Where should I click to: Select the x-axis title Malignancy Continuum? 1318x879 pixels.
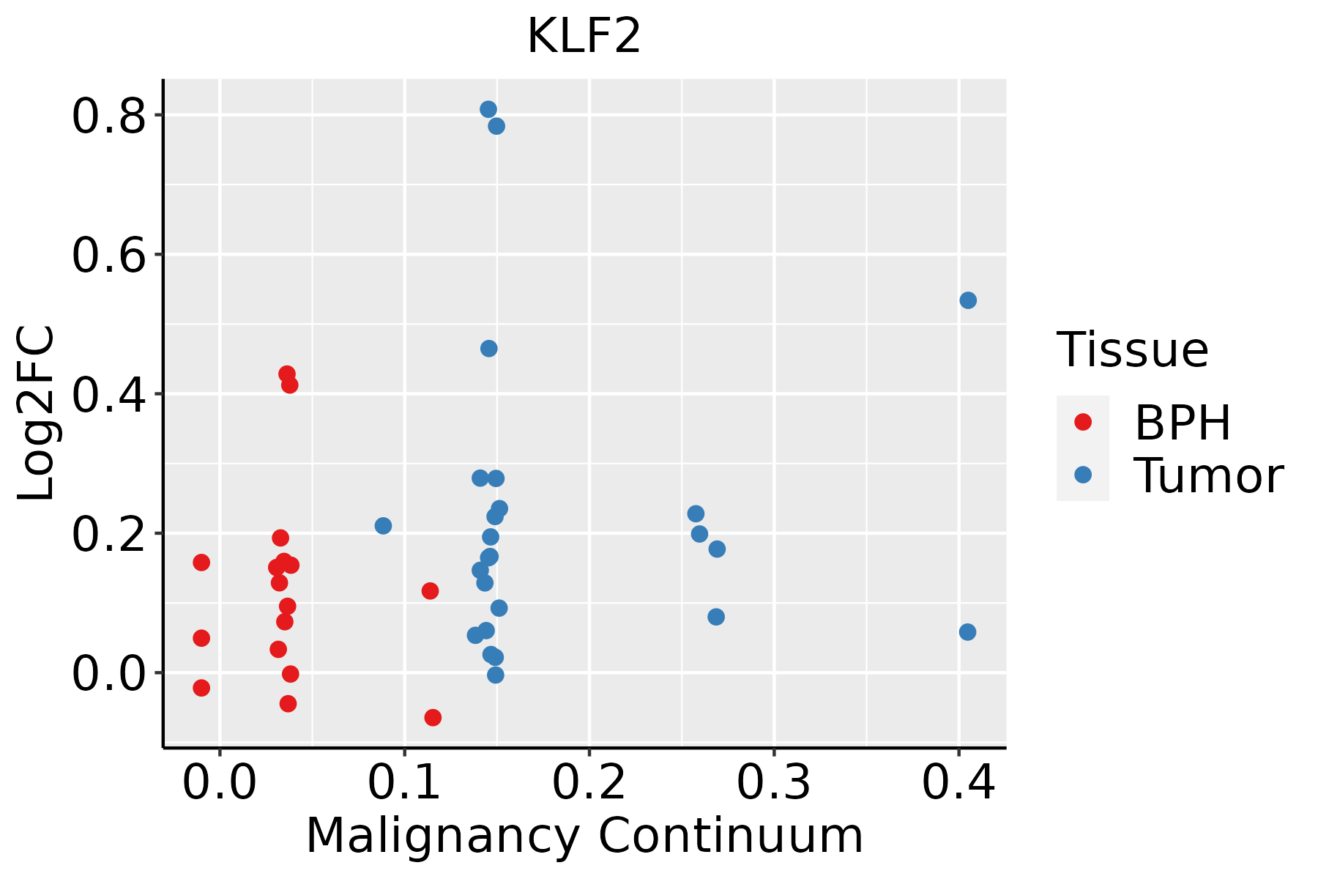click(584, 836)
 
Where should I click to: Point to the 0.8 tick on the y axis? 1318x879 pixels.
click(109, 116)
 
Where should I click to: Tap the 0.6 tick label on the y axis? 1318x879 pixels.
click(109, 255)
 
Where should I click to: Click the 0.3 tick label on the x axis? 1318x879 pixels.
click(773, 782)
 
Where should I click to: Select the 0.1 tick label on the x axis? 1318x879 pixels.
click(404, 782)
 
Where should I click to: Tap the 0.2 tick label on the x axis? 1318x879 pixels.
click(589, 782)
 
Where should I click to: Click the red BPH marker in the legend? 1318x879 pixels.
click(1082, 421)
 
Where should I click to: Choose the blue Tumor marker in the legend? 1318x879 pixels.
click(1082, 475)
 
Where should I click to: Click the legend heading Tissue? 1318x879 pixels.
click(1133, 350)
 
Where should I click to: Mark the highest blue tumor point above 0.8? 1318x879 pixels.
click(488, 109)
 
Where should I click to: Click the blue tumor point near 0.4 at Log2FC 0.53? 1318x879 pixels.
click(968, 300)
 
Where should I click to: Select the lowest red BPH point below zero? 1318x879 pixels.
click(433, 717)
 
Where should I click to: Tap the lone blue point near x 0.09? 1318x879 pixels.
click(383, 526)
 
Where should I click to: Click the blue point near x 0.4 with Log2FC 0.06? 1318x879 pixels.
click(967, 632)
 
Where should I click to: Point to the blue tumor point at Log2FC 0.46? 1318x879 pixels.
click(488, 349)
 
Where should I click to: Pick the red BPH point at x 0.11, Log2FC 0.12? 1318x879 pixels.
click(430, 591)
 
